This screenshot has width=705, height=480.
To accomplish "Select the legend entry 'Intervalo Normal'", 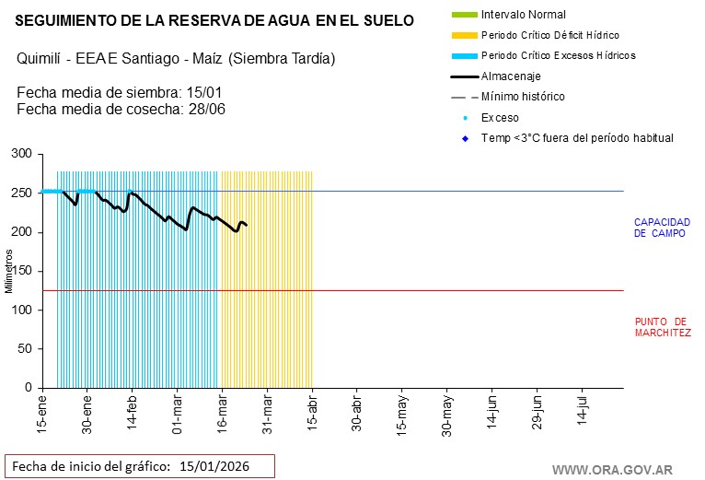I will (x=523, y=15).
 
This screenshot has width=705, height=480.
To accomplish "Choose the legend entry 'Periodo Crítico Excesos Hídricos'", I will (x=558, y=55).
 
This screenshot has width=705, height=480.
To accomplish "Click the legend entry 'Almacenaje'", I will (x=511, y=76).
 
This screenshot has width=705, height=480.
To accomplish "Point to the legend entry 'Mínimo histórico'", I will (x=523, y=97).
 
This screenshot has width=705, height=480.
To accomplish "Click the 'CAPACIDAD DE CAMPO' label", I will (x=662, y=228).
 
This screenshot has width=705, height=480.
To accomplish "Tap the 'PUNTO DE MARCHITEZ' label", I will (x=662, y=327).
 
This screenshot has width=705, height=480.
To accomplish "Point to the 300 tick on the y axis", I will (x=22, y=154).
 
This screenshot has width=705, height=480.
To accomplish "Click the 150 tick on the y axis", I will (x=22, y=271).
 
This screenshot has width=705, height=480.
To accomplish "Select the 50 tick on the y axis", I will (x=25, y=349).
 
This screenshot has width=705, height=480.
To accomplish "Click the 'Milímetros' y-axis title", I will (x=8, y=271).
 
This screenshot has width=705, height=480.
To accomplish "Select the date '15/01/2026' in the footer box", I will (x=214, y=465).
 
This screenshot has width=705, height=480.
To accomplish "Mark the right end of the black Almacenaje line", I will (x=246, y=225).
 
